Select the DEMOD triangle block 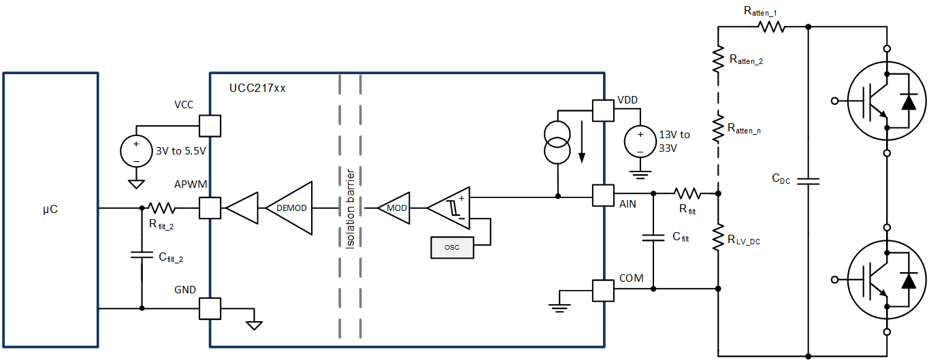click(291, 207)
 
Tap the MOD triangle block click(395, 207)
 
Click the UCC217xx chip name click(258, 87)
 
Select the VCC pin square click(210, 126)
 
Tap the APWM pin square click(210, 208)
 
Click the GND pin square click(210, 308)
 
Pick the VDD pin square click(603, 110)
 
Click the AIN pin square click(603, 196)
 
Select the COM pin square click(603, 291)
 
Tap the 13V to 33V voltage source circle click(640, 142)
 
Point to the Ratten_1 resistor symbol click(772, 27)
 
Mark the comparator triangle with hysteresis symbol click(450, 207)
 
